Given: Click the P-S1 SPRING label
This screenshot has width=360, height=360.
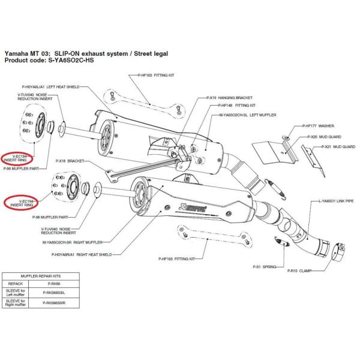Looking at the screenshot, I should [x=265, y=265].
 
